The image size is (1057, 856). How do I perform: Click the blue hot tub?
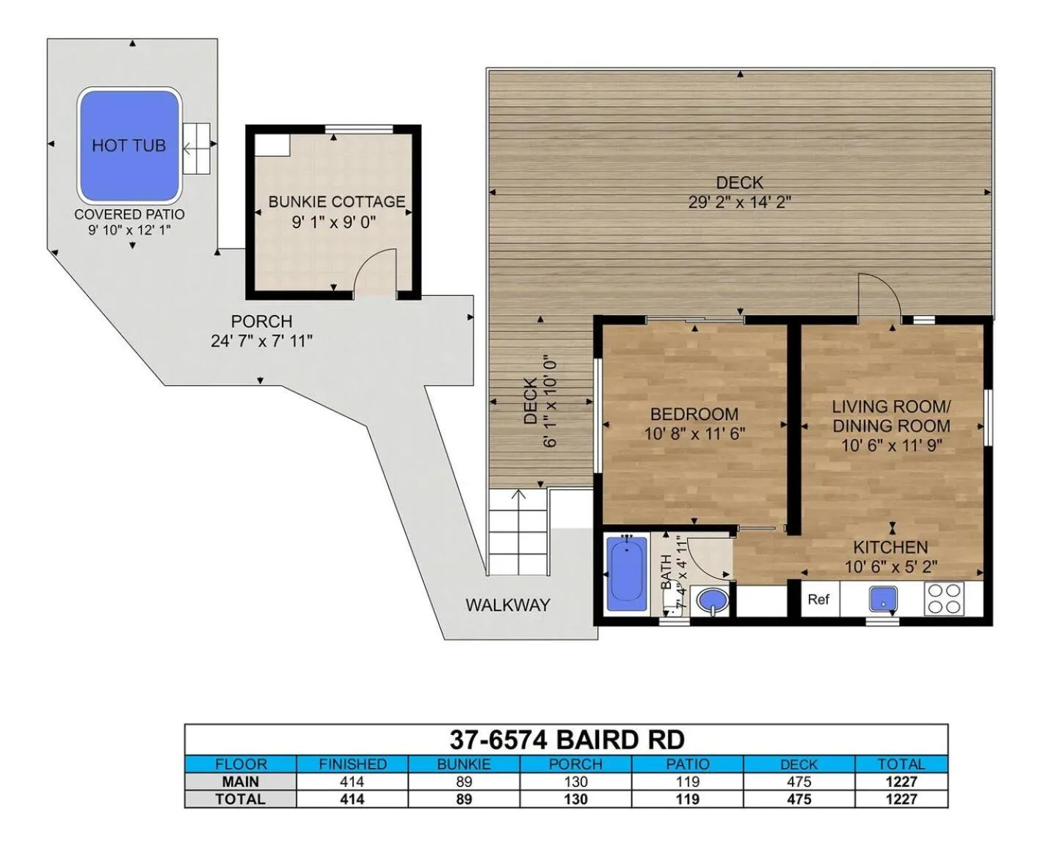tap(129, 145)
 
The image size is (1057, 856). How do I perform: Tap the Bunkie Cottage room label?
tap(336, 201)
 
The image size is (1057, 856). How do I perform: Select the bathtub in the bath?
tap(628, 575)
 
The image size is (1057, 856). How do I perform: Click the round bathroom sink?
tap(713, 601)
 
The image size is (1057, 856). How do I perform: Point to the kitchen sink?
tap(883, 598)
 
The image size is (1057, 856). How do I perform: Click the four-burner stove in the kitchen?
tap(944, 599)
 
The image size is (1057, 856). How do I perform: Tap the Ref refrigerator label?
tap(818, 600)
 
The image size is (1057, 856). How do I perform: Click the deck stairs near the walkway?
tap(518, 532)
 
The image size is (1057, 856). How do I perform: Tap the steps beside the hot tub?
tap(197, 148)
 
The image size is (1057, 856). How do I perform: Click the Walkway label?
tap(508, 606)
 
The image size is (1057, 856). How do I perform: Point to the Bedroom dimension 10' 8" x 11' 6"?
tap(694, 434)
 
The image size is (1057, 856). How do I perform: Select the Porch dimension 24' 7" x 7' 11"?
tap(261, 341)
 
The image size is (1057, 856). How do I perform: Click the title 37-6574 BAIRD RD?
tap(567, 740)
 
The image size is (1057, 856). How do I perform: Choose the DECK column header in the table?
tap(799, 764)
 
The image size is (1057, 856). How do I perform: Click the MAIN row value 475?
tap(799, 782)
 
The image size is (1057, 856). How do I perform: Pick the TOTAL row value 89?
tap(463, 799)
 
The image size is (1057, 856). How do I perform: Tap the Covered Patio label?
tap(129, 214)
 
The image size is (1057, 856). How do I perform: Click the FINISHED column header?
tap(352, 764)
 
